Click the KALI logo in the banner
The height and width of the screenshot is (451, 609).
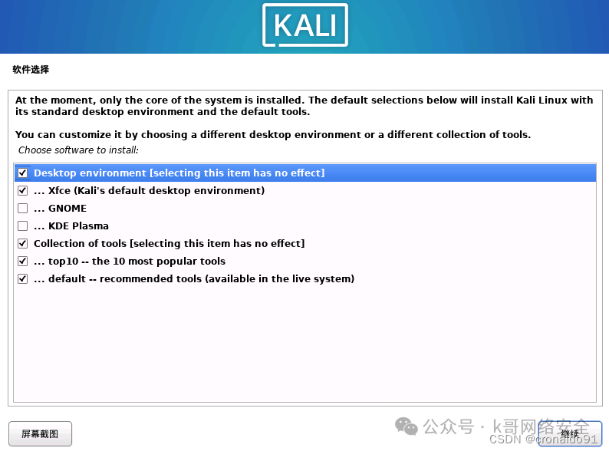[304, 25]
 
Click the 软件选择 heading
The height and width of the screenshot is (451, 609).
[31, 70]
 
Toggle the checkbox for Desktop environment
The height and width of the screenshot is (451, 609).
[22, 173]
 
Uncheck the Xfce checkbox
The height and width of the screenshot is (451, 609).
[22, 191]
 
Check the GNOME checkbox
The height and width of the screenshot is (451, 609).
[22, 209]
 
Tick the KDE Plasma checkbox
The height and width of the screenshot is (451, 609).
[22, 226]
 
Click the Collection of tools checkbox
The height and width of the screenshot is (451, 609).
[22, 244]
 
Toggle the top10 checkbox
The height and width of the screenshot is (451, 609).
[22, 262]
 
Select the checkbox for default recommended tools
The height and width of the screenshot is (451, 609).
[22, 279]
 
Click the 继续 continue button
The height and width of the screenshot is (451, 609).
[569, 433]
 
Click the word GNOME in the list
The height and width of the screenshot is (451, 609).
[67, 209]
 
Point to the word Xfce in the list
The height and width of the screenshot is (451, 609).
[59, 191]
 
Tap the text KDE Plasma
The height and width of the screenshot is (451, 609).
[78, 226]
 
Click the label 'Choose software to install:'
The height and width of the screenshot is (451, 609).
[78, 150]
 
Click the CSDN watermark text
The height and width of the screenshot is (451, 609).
[505, 439]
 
